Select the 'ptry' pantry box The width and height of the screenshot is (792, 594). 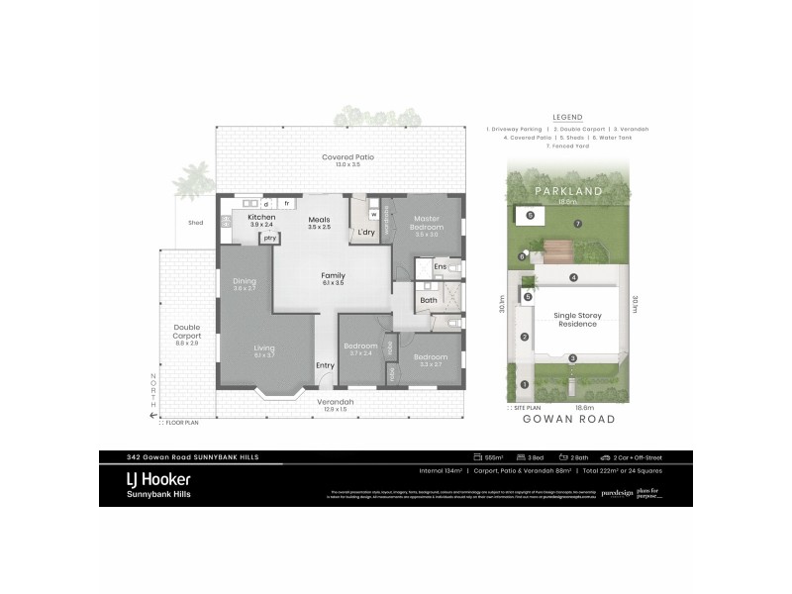point(269,238)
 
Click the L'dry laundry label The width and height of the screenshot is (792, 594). point(366,232)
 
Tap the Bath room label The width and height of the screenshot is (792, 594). point(428,299)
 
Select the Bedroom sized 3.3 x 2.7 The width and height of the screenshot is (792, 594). point(430,360)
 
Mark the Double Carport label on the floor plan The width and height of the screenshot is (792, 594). point(187,332)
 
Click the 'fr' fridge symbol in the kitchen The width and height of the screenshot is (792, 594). point(287,203)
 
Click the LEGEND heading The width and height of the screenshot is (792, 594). point(568,116)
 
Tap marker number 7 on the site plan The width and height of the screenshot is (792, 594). point(577,225)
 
